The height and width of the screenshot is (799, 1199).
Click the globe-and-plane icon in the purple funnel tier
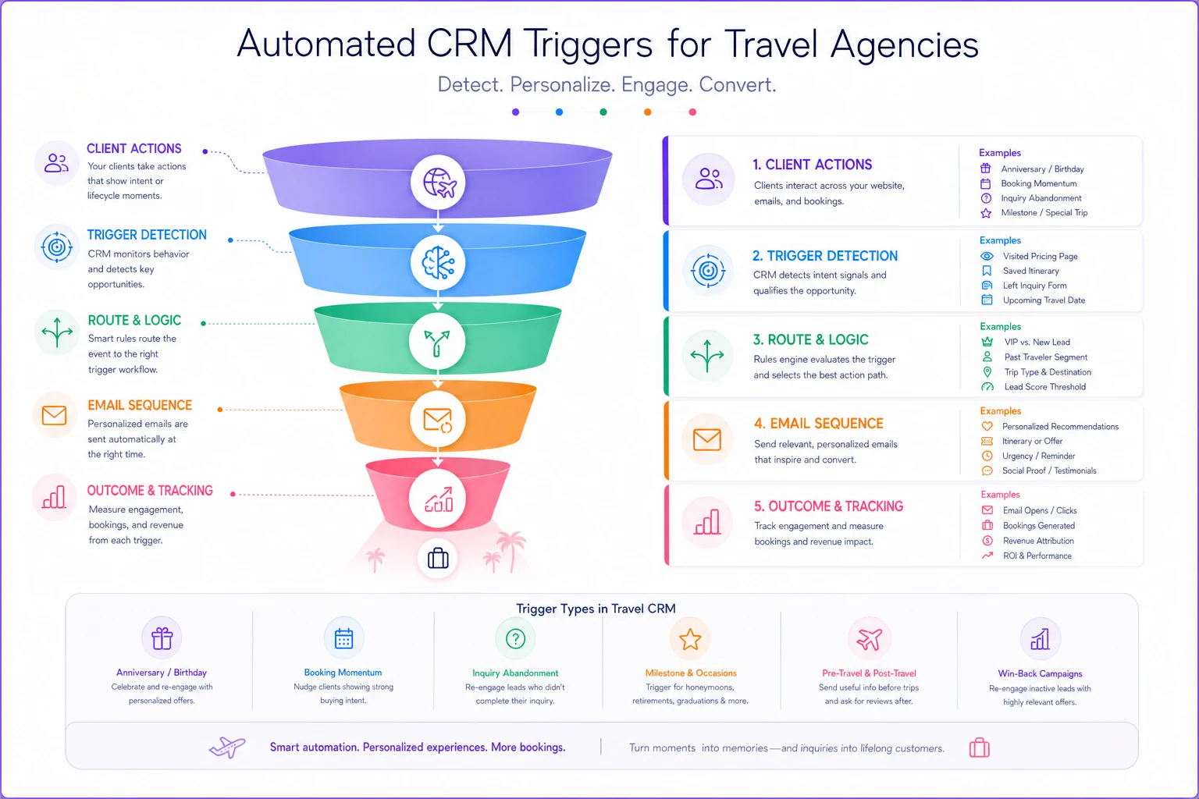point(439,183)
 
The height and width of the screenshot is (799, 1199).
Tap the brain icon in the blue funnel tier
point(439,263)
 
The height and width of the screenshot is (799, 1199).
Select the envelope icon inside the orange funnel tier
point(438,420)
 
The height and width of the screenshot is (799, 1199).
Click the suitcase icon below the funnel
point(438,558)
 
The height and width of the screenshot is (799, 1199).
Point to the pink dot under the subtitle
point(692,112)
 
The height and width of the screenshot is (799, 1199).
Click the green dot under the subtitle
point(603,112)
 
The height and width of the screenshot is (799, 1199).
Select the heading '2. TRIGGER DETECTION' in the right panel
point(825,256)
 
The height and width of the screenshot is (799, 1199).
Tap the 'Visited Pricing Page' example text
point(1040,257)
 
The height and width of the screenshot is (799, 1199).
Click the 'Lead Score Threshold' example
point(1045,387)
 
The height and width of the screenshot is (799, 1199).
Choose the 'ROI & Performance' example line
point(1037,556)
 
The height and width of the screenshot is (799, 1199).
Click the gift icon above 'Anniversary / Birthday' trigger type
point(162,638)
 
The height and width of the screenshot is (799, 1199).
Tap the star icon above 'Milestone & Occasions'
point(690,639)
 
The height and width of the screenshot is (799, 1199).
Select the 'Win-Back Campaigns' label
point(1040,674)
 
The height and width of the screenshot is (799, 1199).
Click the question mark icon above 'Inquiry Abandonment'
point(515,638)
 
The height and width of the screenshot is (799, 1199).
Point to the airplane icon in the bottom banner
point(227,747)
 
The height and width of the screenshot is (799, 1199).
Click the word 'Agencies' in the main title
point(905,45)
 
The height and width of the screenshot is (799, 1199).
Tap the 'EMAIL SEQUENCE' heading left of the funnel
point(140,405)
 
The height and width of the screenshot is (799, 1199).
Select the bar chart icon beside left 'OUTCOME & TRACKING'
point(54,497)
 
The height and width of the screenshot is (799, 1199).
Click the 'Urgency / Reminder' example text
point(1038,456)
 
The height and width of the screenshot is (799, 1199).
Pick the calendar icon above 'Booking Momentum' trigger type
point(343,638)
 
